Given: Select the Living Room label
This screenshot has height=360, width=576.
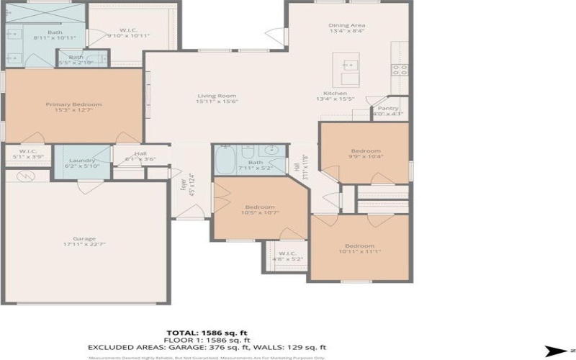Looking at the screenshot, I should coord(217,99).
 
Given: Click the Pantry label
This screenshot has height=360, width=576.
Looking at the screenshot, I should coord(386,110).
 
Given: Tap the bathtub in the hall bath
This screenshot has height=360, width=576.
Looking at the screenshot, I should coord(225,159).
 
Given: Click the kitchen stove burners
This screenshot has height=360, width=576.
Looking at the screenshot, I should coord(399,70).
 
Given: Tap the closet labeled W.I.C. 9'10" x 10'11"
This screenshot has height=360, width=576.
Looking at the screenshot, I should coord(128,32).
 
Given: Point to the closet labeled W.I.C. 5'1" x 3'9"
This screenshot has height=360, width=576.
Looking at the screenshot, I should coord(27,154).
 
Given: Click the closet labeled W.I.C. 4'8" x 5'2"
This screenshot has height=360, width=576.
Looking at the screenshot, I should coord(288,256).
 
